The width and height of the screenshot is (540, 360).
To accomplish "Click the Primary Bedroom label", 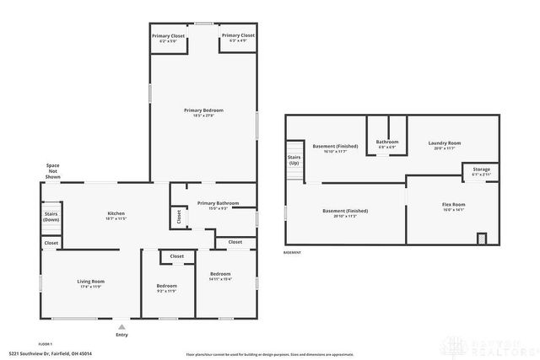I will (203, 112).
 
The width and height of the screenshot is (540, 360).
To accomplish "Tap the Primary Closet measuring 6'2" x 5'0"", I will (169, 38).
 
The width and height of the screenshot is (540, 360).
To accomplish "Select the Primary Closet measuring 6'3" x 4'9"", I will (236, 38).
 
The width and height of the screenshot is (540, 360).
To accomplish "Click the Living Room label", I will (90, 283).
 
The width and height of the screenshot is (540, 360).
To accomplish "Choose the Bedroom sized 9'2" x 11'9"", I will (166, 288).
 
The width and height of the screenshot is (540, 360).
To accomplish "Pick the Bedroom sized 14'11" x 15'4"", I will (220, 277).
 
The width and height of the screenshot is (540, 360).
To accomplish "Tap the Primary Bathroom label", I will (218, 205).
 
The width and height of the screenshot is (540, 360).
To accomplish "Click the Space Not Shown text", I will (52, 171).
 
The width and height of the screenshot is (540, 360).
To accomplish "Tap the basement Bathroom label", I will (386, 143).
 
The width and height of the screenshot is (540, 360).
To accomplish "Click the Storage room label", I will (480, 171).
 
